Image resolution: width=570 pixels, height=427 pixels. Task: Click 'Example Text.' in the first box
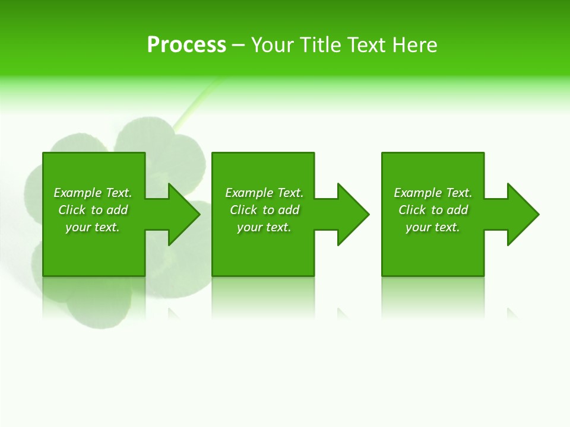93,193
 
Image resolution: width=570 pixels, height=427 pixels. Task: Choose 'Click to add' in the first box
93,210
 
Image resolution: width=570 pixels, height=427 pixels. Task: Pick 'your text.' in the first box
93,227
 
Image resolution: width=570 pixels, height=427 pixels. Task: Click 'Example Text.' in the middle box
264,193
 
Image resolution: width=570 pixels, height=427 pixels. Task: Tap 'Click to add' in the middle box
264,210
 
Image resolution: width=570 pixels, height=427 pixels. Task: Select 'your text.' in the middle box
264,227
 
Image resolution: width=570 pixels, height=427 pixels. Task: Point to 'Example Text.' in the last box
433,193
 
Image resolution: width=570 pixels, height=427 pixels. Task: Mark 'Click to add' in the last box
433,210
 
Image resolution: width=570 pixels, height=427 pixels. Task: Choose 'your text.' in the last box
433,227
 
